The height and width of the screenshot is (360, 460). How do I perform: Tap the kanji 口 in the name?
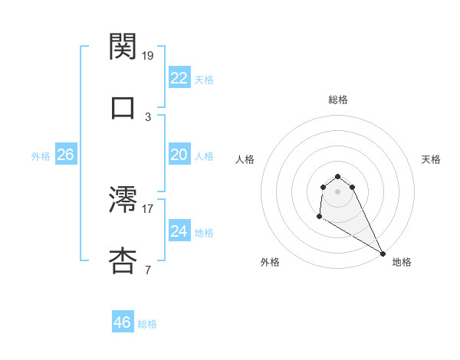coord(123,107)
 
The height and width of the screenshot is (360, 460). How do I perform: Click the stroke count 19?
coord(148,55)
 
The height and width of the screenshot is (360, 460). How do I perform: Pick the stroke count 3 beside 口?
coord(148,116)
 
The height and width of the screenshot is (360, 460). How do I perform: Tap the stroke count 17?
coord(148,208)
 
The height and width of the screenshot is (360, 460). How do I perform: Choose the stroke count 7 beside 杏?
coord(148,270)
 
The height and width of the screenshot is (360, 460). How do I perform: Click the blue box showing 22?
coord(179,78)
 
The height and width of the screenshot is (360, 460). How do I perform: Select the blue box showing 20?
coord(179,155)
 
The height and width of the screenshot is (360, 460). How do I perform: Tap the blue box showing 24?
coord(179,231)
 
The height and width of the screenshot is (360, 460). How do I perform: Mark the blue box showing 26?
coord(65,155)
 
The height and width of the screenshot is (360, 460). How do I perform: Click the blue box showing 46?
coord(122,322)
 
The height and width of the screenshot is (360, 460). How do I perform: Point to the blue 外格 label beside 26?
coord(41,156)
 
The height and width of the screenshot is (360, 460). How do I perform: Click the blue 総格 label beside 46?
coord(147,324)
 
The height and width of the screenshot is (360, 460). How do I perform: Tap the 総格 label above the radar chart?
coord(338,100)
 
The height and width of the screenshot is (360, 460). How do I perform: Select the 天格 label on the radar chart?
coord(432,159)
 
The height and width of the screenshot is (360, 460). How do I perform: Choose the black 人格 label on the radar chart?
coord(245,159)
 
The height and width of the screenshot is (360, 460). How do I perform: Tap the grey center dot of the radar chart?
coord(338,191)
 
